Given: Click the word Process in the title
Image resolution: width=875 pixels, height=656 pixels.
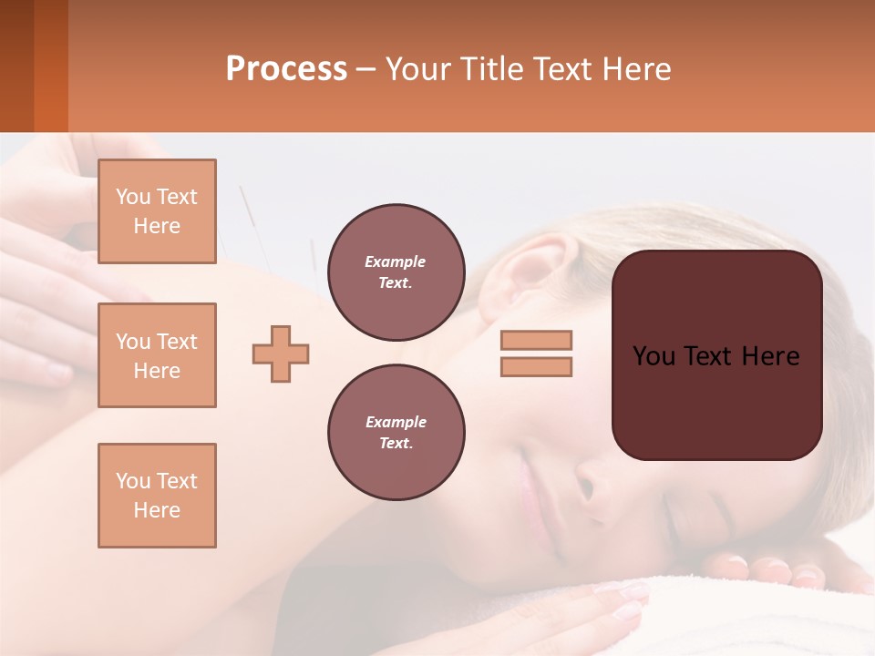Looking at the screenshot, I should (286, 69).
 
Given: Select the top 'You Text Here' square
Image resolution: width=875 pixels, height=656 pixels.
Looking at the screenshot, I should (157, 211).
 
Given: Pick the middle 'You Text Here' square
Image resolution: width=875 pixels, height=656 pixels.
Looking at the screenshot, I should (157, 355).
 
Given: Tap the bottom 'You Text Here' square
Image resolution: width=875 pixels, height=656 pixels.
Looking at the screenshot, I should (157, 496).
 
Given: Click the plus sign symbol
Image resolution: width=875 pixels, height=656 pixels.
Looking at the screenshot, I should (281, 353).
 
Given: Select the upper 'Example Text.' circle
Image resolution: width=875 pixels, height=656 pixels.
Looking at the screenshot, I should (396, 272).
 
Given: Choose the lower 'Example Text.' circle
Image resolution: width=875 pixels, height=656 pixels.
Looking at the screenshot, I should (396, 432).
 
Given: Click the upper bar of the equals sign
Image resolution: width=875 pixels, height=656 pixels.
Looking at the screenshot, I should (536, 340).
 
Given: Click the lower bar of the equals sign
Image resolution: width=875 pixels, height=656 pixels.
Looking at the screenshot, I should (536, 366).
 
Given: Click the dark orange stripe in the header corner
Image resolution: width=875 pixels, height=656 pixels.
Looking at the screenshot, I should (50, 66).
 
